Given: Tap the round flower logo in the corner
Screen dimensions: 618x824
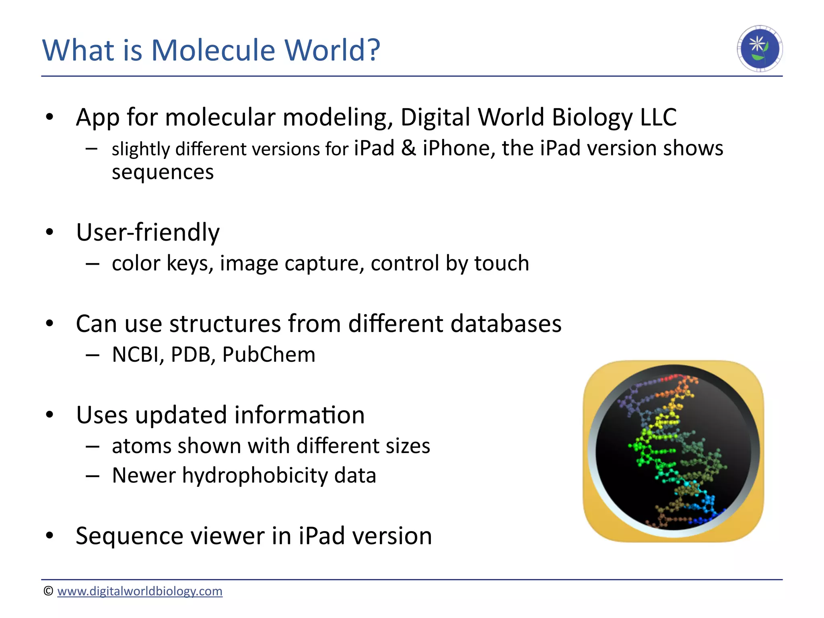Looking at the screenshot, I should [760, 49].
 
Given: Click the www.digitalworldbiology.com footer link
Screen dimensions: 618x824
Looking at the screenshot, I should [140, 591].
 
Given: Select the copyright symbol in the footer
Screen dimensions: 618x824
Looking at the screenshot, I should [48, 591].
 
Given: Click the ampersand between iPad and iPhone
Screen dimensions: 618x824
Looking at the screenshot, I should [408, 148].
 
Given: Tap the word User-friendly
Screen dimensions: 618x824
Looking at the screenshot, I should [148, 233].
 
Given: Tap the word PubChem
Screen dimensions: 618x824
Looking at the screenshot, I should [269, 355].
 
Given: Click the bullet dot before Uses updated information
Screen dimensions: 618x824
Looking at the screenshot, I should [49, 415].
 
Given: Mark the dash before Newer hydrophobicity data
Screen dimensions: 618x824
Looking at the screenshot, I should [92, 476].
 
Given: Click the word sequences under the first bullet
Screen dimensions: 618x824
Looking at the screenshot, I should [163, 172].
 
